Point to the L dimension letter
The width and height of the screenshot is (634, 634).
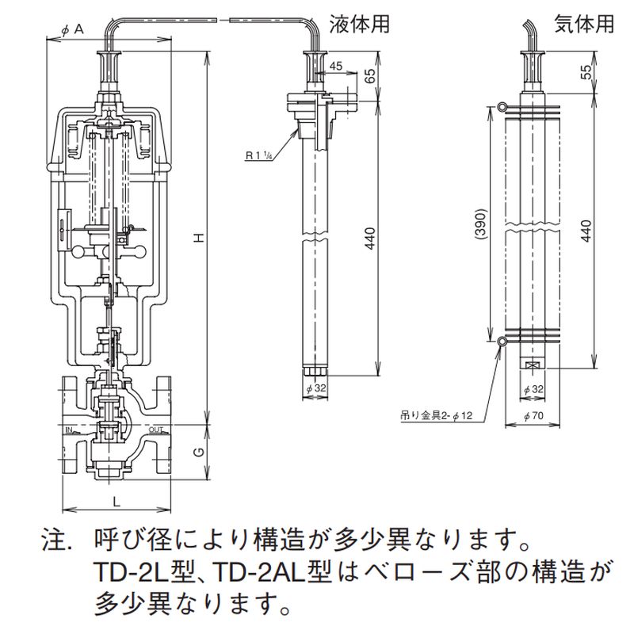116,502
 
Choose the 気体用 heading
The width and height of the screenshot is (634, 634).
584,25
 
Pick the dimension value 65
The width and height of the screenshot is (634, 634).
369,76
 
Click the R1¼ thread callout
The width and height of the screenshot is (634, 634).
258,157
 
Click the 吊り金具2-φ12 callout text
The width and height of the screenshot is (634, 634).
436,415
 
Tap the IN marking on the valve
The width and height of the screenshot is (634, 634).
69,430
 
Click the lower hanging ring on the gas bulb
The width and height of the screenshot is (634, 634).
502,342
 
